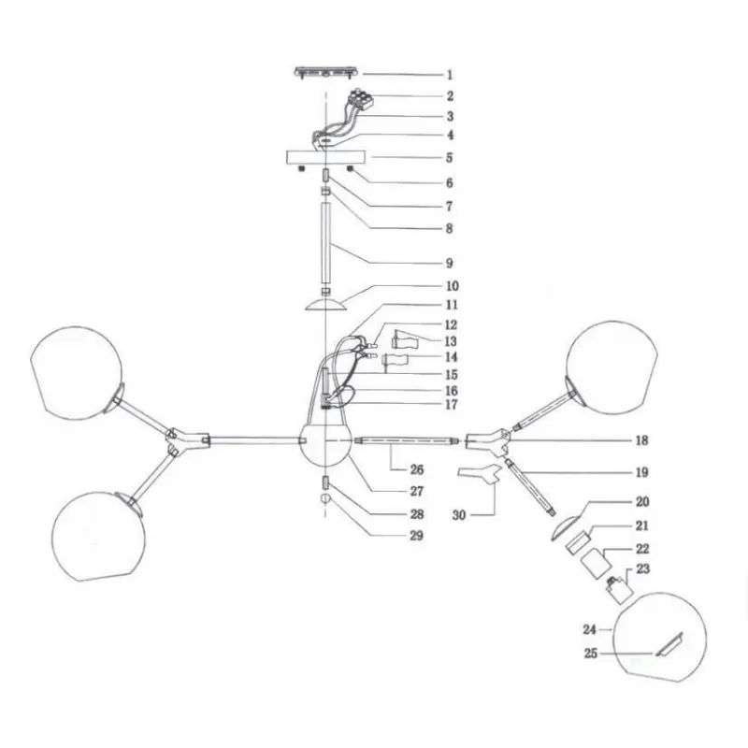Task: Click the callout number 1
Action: tap(449, 74)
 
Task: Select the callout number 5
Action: tap(449, 158)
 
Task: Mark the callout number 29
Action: tap(416, 536)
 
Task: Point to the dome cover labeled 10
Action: tap(325, 305)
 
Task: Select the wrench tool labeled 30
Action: tap(480, 476)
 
